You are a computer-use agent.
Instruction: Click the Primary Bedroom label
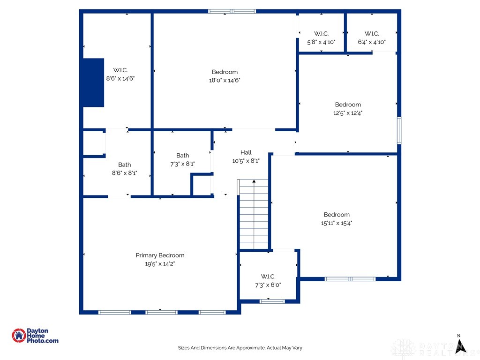pyautogui.click(x=160, y=255)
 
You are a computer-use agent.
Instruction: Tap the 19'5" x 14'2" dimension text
pyautogui.click(x=160, y=264)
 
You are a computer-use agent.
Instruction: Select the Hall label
pyautogui.click(x=246, y=152)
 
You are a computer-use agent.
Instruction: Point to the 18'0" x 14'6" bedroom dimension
pyautogui.click(x=225, y=80)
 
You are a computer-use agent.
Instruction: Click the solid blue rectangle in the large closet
pyautogui.click(x=93, y=82)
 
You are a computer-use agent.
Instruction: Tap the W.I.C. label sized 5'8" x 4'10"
pyautogui.click(x=321, y=34)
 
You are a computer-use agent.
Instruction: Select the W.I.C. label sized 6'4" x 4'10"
pyautogui.click(x=371, y=34)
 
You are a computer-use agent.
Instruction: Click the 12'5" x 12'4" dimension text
pyautogui.click(x=348, y=113)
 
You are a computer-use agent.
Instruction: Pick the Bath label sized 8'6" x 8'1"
pyautogui.click(x=124, y=165)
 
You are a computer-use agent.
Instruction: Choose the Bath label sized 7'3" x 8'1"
pyautogui.click(x=182, y=156)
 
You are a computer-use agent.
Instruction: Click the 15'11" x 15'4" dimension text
pyautogui.click(x=337, y=223)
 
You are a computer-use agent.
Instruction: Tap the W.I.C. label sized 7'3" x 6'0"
pyautogui.click(x=268, y=277)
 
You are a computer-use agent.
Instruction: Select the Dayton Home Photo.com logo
pyautogui.click(x=35, y=336)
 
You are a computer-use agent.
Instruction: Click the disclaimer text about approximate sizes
pyautogui.click(x=240, y=348)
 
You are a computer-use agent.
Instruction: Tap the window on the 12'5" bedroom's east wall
pyautogui.click(x=399, y=130)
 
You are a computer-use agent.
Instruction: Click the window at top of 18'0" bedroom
pyautogui.click(x=232, y=11)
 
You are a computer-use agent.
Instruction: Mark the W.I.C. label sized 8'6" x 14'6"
pyautogui.click(x=120, y=70)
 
